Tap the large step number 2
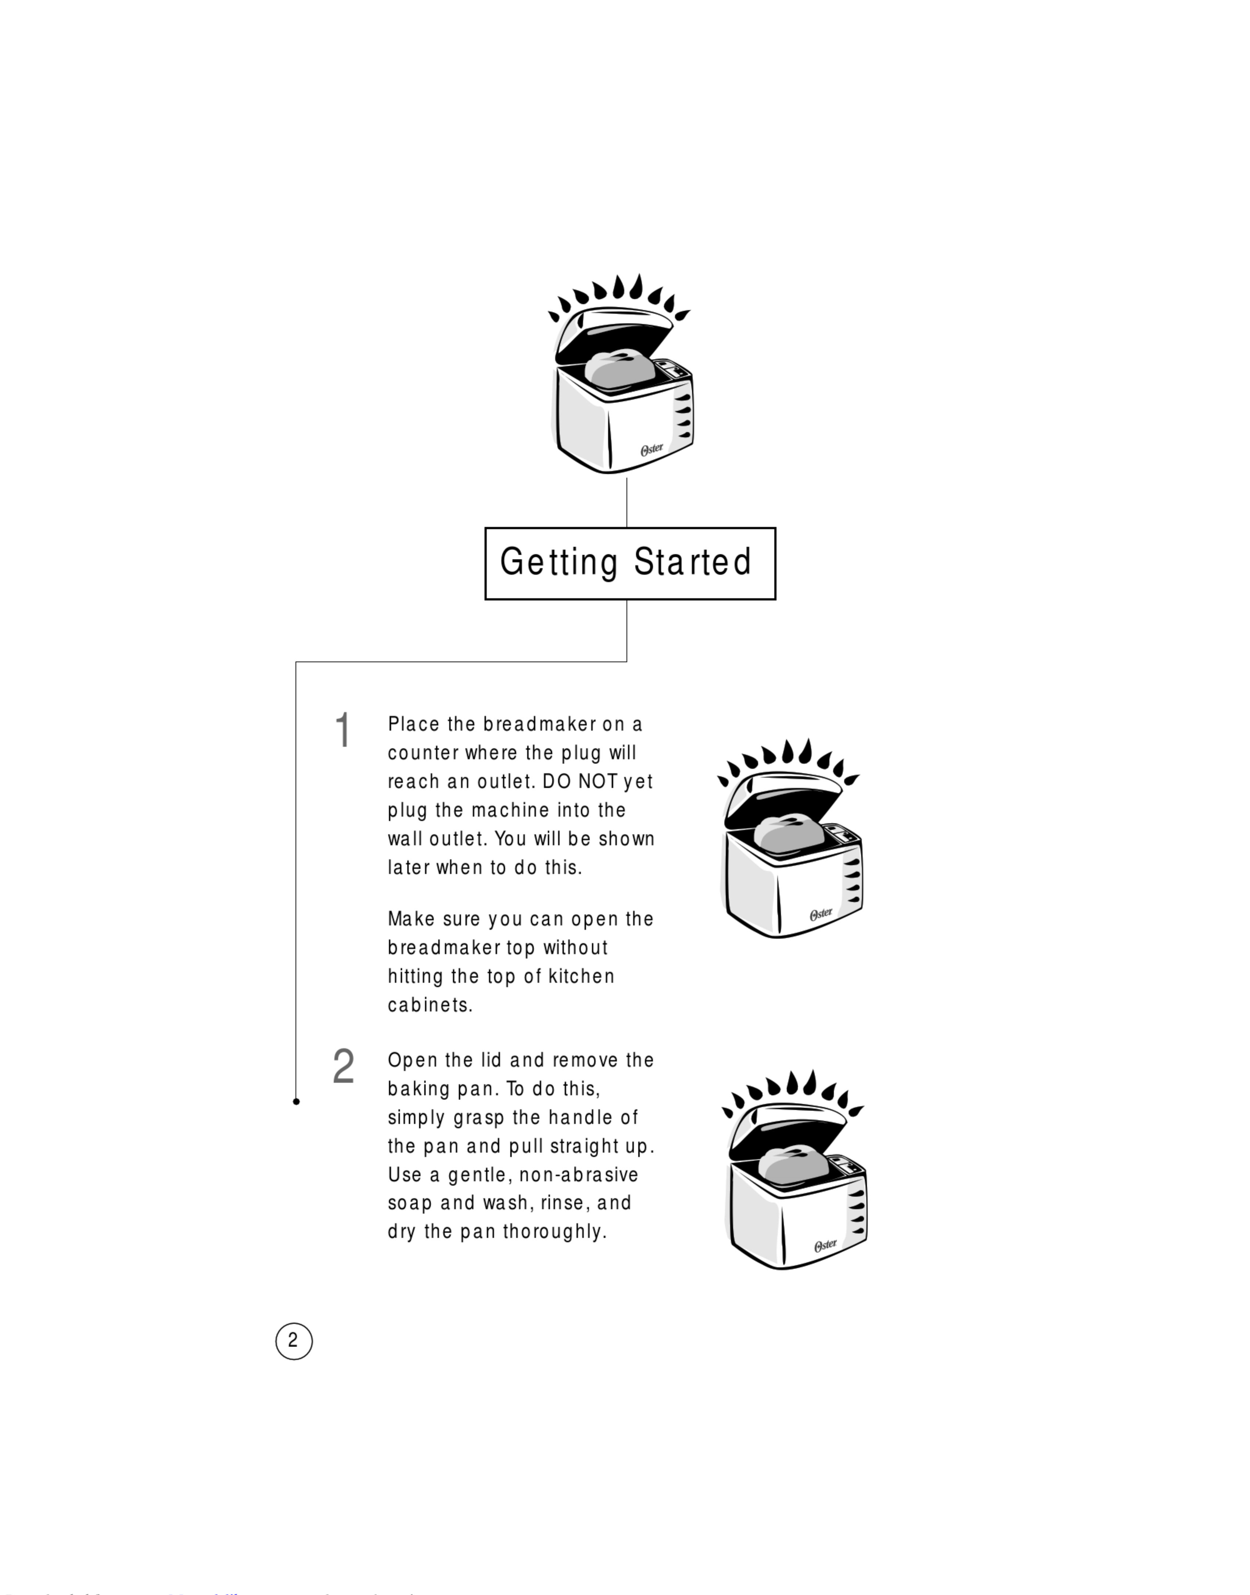(x=343, y=1067)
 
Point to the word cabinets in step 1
(x=430, y=1005)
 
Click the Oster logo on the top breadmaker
(x=651, y=449)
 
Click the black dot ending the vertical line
(x=296, y=1101)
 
